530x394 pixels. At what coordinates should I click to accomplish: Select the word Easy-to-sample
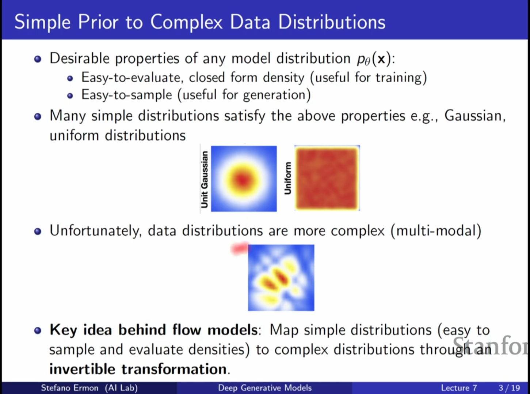tap(127, 95)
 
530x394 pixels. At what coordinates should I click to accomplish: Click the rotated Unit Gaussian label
tap(205, 179)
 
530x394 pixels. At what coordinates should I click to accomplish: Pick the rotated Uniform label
tap(288, 178)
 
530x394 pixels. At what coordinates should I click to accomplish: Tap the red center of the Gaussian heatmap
tap(243, 179)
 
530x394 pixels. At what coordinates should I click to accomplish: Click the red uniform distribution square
tap(327, 178)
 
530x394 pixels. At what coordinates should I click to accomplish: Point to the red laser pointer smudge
tap(239, 248)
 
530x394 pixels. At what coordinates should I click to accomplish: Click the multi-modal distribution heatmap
tap(281, 278)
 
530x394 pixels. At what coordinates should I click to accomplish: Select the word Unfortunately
tap(96, 231)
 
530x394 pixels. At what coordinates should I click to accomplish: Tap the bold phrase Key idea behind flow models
tap(153, 330)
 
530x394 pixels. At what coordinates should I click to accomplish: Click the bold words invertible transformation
tap(138, 369)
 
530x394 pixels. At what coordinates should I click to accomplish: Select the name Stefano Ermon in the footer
tap(69, 388)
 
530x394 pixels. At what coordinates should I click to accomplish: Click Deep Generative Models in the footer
tap(265, 388)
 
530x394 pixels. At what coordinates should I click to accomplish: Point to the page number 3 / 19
tap(509, 388)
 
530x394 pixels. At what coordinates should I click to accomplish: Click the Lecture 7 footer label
tap(459, 388)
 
